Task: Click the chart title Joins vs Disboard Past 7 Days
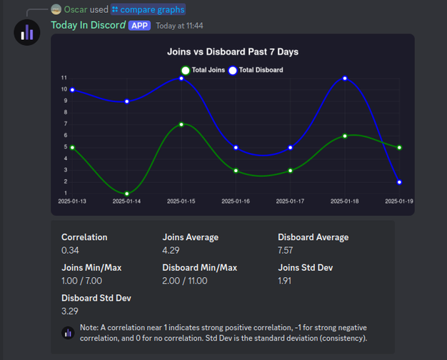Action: (x=233, y=52)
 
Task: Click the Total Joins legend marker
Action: (x=186, y=70)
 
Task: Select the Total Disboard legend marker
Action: (x=233, y=70)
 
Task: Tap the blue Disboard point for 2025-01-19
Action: (x=399, y=182)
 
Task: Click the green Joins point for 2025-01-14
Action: (x=127, y=194)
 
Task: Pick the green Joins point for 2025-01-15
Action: (x=181, y=124)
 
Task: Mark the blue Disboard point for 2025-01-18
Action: (x=345, y=78)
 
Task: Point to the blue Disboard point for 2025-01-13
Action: (x=72, y=90)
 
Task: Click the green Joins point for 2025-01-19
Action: (x=399, y=147)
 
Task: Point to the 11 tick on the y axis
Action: (x=64, y=78)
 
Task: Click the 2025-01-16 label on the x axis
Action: (x=236, y=201)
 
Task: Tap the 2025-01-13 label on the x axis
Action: (x=72, y=201)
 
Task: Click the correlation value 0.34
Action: (x=70, y=250)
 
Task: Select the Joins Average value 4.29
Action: (x=171, y=250)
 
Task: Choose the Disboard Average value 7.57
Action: (x=286, y=250)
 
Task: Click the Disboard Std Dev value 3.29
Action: (x=70, y=311)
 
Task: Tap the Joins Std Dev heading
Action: (x=306, y=268)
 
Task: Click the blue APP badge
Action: (x=139, y=26)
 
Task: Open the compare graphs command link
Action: (x=149, y=9)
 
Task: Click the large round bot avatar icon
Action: (x=27, y=32)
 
